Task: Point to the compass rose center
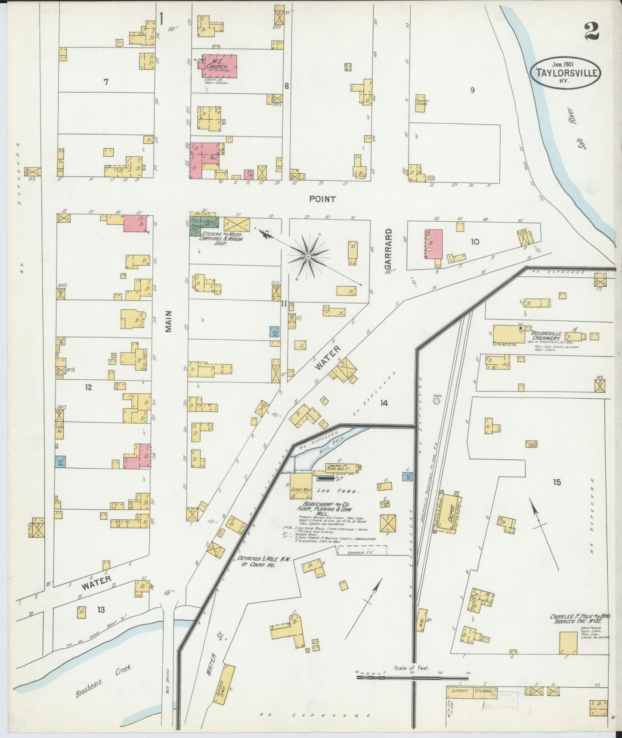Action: [308, 257]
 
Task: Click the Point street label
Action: [322, 199]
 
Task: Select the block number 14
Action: [384, 403]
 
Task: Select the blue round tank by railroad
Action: [436, 401]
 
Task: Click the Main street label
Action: [168, 321]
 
